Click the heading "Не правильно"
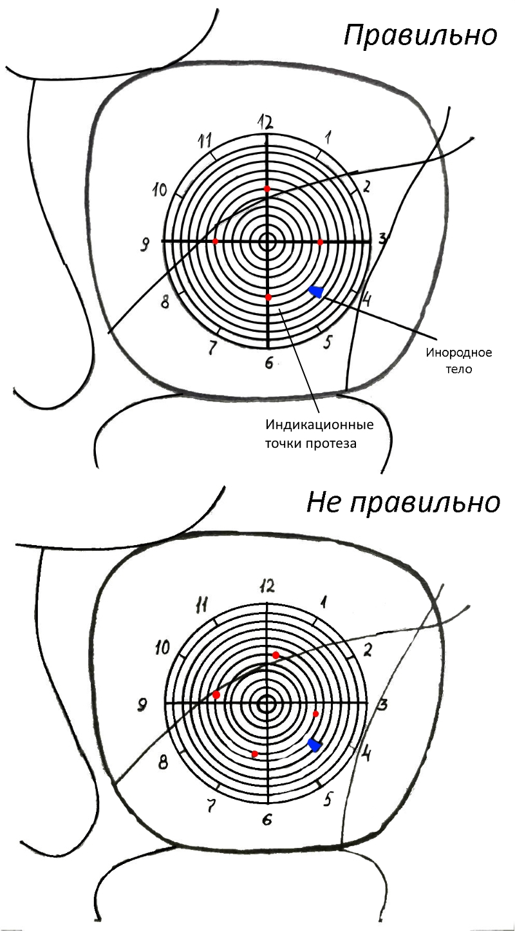(x=403, y=503)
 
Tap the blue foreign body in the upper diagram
(x=315, y=292)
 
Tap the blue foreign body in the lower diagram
(x=314, y=745)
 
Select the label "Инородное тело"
(x=459, y=361)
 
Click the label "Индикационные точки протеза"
(x=319, y=435)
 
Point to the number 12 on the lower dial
(x=267, y=586)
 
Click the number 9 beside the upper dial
(x=145, y=243)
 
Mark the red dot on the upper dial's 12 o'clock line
(x=267, y=188)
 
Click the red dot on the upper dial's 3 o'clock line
(x=320, y=242)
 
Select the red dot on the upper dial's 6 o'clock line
(x=268, y=297)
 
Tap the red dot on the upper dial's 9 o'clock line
(x=215, y=241)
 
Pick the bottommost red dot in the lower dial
(x=255, y=754)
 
